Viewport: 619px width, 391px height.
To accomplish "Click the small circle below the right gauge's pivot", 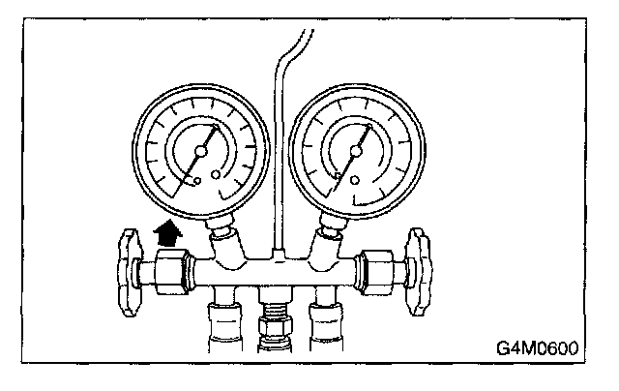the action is [355, 180].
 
